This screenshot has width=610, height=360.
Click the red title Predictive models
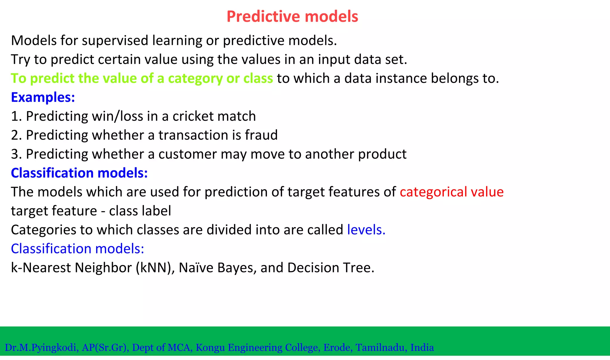(x=292, y=16)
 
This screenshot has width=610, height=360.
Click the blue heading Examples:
(x=43, y=97)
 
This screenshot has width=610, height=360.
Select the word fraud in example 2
(x=261, y=135)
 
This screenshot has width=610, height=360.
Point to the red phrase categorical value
(x=451, y=192)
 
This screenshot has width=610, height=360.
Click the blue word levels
(x=366, y=230)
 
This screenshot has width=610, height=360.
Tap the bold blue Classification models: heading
(x=79, y=173)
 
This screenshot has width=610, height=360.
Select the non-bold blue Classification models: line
(x=77, y=249)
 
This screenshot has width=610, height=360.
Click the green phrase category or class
(x=220, y=79)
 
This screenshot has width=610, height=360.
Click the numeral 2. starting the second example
(x=16, y=135)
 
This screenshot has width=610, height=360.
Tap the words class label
(x=140, y=211)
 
